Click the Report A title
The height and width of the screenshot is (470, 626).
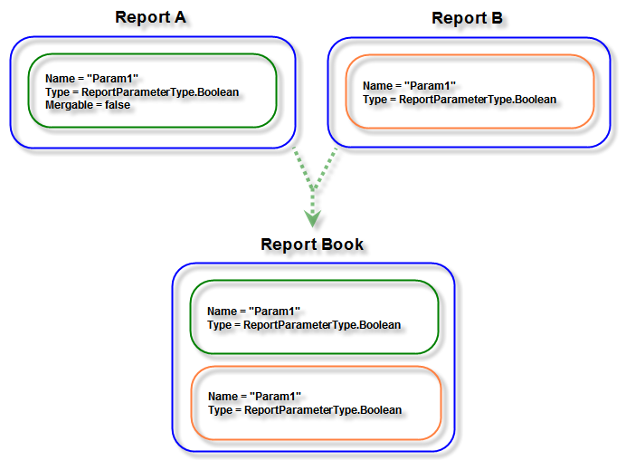pos(156,17)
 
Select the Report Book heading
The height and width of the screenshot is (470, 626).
pos(312,245)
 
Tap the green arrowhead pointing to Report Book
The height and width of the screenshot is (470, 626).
pos(312,218)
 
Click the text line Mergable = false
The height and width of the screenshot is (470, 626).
pos(88,105)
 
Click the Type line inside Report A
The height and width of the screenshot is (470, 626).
pos(147,92)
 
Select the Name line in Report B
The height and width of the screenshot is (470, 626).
pos(409,86)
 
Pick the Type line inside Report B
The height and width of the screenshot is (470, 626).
pos(460,99)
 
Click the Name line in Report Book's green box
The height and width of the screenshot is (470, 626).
pos(253,312)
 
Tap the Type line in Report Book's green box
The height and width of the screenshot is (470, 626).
pos(304,324)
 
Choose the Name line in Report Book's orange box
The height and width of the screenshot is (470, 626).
pos(253,397)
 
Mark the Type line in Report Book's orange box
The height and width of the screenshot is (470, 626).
pos(304,409)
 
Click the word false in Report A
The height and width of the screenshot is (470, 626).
pos(116,105)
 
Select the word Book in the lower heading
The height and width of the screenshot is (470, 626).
pos(344,245)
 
